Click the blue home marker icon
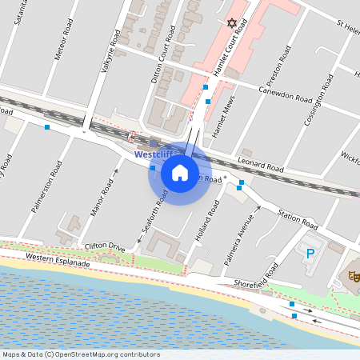point(180,173)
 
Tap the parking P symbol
point(310,253)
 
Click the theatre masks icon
point(353,276)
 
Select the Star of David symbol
point(233,24)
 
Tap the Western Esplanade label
point(57,258)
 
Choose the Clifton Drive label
point(105,247)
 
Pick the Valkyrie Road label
point(110,52)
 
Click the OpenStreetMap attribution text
point(80,354)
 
